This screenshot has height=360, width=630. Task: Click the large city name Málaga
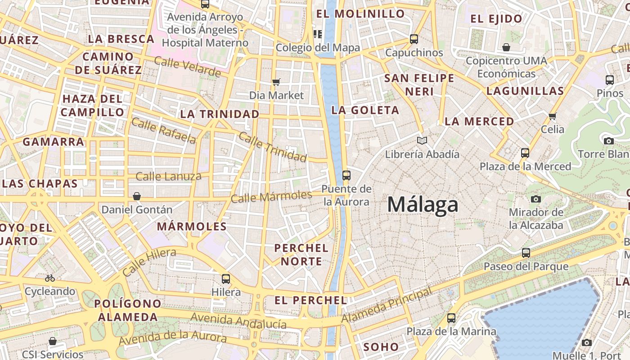coord(423,205)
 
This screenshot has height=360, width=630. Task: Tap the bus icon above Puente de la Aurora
coord(346,175)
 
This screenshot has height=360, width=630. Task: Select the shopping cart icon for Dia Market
coord(276,82)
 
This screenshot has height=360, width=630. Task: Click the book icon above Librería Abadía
coord(422,141)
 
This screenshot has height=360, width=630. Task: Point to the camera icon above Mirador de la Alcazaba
coord(535,199)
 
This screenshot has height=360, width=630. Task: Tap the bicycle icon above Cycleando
coord(50,278)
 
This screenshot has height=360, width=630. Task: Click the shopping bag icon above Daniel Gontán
coord(137,196)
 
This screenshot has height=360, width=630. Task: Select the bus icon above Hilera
coord(226,279)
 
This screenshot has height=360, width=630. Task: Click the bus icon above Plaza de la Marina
coord(451,318)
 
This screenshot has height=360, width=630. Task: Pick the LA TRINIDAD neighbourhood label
coord(220,114)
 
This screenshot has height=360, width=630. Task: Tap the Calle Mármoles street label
coord(271,197)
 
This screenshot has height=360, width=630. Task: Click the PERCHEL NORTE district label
coord(301,254)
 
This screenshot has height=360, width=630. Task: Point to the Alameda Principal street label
coord(387,306)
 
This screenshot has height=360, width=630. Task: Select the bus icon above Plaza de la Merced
coord(525,153)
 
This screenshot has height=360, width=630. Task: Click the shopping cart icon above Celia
coord(553,116)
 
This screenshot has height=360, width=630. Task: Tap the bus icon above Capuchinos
coord(414,39)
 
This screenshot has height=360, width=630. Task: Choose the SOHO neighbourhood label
coord(381,347)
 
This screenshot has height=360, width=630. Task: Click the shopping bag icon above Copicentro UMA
coord(506,47)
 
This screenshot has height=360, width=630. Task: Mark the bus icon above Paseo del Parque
coord(526,253)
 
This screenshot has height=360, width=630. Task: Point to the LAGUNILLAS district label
coord(525,91)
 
